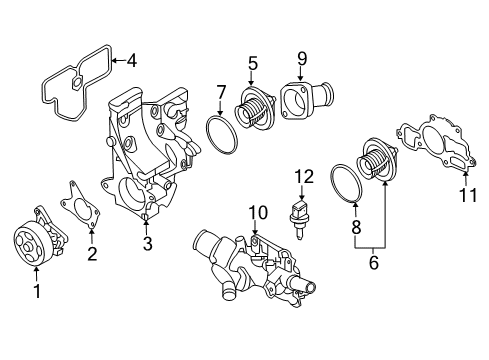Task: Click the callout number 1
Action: (38, 291)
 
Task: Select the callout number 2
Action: (92, 253)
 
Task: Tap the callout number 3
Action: (146, 243)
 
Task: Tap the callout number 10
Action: (257, 212)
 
